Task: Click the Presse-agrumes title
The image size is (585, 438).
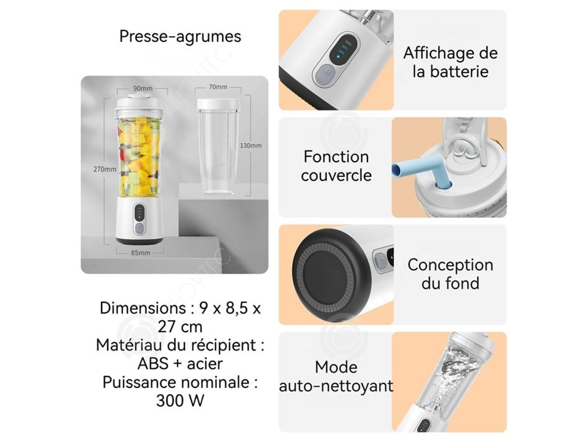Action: (x=180, y=36)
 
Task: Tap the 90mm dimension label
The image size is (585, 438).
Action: (x=143, y=88)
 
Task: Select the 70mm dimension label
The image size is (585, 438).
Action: (x=218, y=87)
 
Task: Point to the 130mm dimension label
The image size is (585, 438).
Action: (x=250, y=145)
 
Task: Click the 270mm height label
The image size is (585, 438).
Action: (x=105, y=169)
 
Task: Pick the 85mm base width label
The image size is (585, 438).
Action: (x=140, y=253)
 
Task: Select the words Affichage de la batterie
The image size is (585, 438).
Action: (x=451, y=62)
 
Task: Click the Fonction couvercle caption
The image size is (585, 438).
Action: (x=336, y=166)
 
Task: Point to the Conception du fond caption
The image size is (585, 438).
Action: (x=451, y=274)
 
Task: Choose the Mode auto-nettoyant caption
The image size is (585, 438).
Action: (x=336, y=377)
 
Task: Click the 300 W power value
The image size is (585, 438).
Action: (x=180, y=401)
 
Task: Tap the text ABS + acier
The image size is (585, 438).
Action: (x=180, y=364)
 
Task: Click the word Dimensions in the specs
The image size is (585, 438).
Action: (x=143, y=308)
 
